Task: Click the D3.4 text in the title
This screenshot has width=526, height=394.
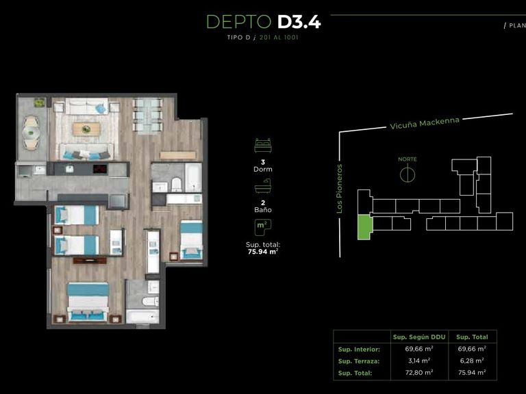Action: coord(299,22)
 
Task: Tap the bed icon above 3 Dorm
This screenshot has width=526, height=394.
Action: coord(263,146)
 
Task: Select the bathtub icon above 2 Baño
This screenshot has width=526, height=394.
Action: coord(263,186)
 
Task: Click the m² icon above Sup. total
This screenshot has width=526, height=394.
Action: coord(263,228)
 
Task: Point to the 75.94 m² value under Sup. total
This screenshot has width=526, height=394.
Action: coord(263,252)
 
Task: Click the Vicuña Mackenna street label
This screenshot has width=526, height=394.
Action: coord(425,123)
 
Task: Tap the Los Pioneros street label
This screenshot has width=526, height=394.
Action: coord(340,189)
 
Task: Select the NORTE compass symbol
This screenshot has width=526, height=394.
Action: coord(408,174)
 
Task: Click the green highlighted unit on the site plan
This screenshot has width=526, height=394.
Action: coord(364,227)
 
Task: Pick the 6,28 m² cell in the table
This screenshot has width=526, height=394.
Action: coord(472,361)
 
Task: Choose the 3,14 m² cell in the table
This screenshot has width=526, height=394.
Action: coord(419,361)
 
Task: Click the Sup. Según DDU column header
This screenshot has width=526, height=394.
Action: coord(419,337)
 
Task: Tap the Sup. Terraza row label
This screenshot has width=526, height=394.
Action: coord(359,361)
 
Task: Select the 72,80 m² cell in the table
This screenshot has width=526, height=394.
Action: coord(419,373)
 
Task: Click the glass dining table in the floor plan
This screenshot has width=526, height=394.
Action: coord(148,116)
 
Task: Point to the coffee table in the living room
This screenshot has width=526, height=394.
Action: coord(86,129)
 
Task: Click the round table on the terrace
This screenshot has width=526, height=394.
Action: coord(31,133)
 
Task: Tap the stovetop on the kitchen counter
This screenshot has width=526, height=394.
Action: coord(99,169)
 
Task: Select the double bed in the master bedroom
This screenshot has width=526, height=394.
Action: coord(88,302)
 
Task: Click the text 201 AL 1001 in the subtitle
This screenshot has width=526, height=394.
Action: coord(279,38)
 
